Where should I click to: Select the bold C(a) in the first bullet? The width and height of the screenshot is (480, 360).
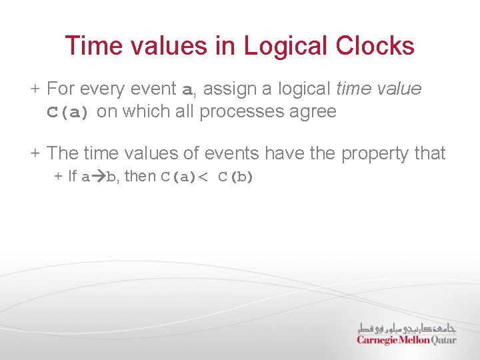(67, 112)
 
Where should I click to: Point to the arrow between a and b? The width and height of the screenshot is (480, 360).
(97, 177)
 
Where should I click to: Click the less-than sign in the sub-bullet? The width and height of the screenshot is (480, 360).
(204, 177)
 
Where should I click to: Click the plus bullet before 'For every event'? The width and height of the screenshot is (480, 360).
(35, 89)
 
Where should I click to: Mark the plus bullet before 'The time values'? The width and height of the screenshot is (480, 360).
(35, 153)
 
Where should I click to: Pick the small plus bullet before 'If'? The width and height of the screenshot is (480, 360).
(58, 177)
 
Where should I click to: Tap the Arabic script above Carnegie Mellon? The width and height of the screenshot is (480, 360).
(407, 327)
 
